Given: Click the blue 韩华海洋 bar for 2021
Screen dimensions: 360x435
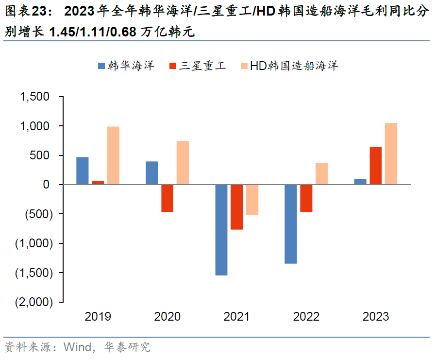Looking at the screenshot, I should tap(221, 230).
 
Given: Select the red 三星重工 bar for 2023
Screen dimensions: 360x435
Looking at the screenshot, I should tap(375, 166).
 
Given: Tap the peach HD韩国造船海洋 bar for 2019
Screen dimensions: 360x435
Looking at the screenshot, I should tap(113, 155).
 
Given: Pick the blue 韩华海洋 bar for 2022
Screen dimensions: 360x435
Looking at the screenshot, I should tap(291, 224).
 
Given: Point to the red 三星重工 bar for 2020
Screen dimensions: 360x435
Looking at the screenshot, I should tap(167, 198).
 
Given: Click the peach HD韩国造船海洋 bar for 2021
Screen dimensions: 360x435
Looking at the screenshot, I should tap(252, 200).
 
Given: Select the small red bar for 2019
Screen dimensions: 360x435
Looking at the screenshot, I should tap(98, 183).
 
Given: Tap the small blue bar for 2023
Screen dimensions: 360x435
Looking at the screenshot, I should tap(360, 182).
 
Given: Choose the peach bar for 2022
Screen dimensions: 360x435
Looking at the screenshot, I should tap(321, 174).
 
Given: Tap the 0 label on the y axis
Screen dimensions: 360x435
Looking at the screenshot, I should tap(46, 185).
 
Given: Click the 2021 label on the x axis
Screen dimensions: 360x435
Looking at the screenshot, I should tap(236, 317).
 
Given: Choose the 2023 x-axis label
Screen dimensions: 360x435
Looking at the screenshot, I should tap(375, 317).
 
